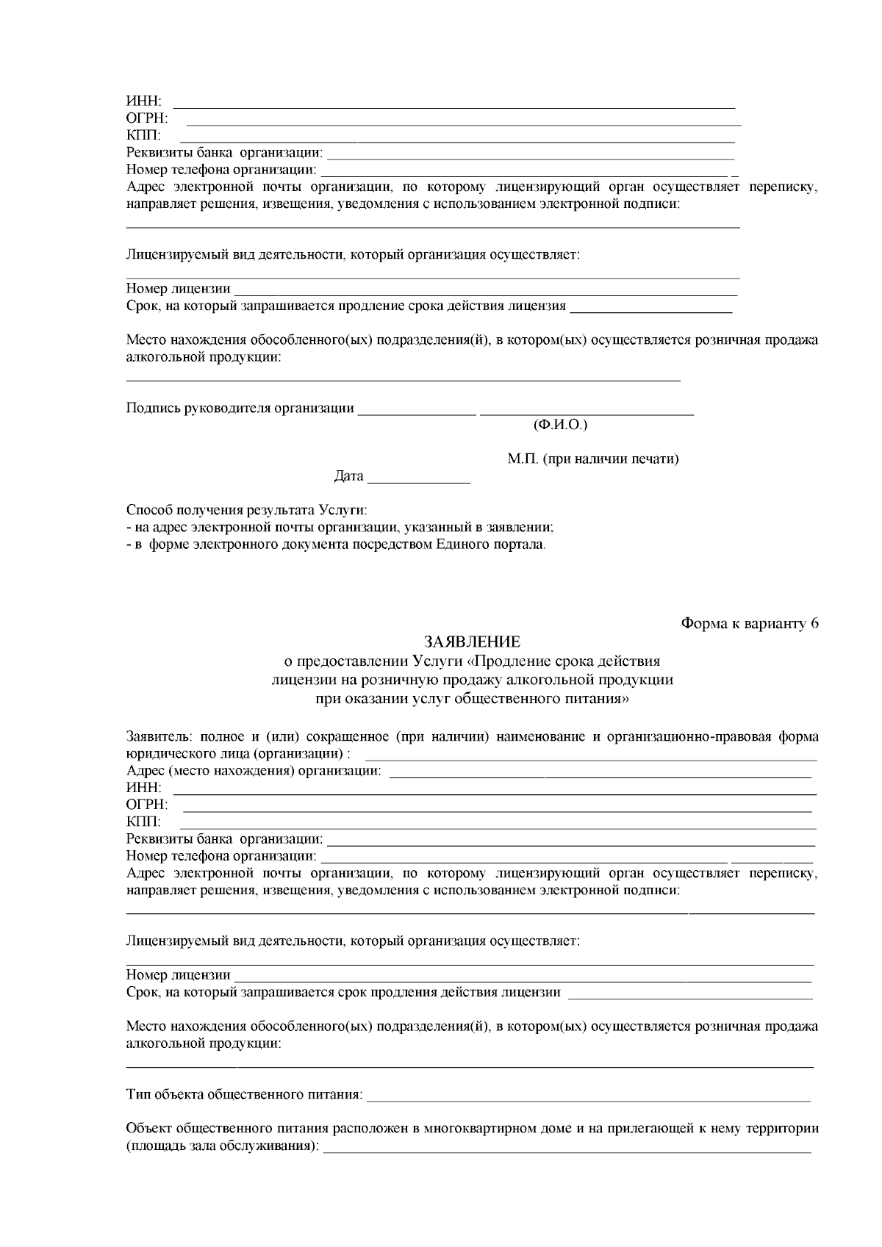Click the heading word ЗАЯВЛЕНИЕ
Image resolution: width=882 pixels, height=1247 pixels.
(x=472, y=642)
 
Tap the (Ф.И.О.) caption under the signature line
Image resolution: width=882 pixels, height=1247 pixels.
(x=559, y=425)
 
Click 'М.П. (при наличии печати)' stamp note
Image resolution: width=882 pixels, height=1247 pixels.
(x=592, y=459)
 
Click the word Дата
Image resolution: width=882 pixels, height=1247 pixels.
(x=348, y=476)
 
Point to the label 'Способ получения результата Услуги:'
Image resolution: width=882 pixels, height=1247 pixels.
(x=246, y=509)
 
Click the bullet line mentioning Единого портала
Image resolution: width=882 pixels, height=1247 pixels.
(x=336, y=545)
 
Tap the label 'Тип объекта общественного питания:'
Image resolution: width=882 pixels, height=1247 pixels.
(x=244, y=1095)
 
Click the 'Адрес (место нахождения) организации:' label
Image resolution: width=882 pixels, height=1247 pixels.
(x=254, y=771)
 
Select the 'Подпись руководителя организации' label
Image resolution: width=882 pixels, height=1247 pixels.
(x=240, y=408)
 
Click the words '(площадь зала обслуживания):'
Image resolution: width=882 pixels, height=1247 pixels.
(x=223, y=1146)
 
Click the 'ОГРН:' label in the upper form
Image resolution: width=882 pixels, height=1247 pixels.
(x=146, y=118)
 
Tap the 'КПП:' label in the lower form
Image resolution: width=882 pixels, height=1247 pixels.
(x=143, y=822)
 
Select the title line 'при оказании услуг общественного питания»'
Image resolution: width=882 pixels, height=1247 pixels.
(x=472, y=699)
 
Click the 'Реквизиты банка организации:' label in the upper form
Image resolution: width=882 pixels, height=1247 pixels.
(x=224, y=153)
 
